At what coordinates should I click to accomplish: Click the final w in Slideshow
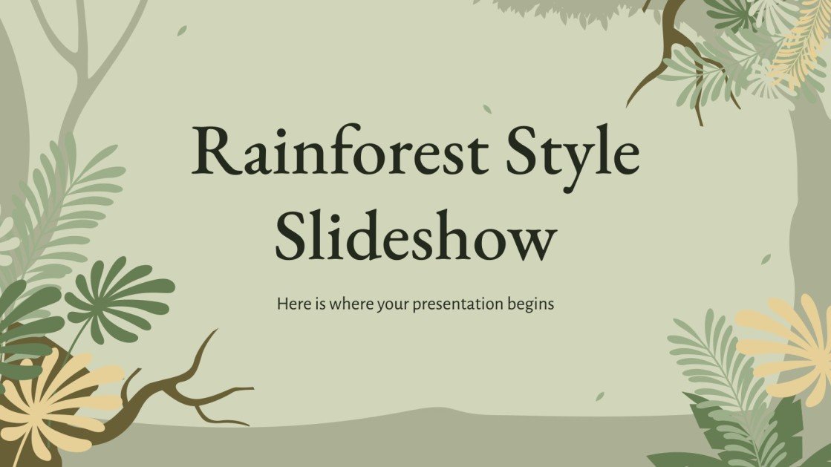pos(532,238)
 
